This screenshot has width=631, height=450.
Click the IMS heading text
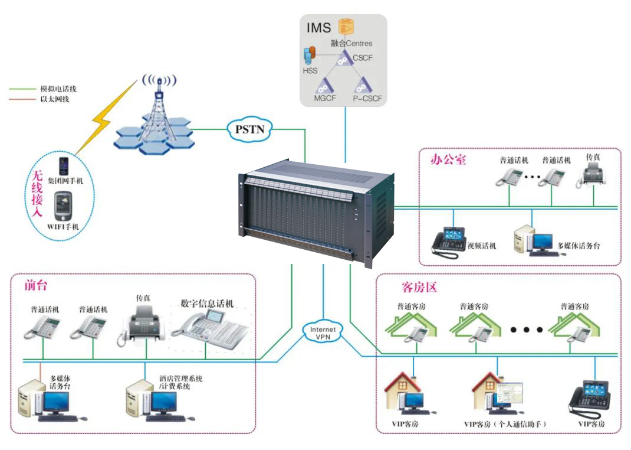[319, 27]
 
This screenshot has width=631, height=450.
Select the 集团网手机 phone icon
[63, 165]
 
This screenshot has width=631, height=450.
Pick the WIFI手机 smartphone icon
[63, 206]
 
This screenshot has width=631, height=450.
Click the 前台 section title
[35, 285]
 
